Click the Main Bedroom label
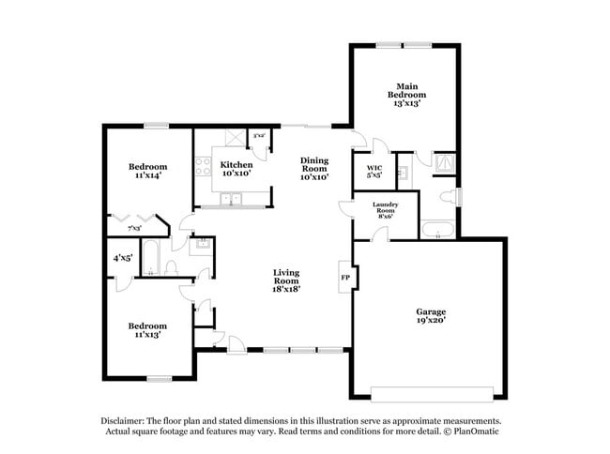point(407,95)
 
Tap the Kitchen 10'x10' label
point(236,169)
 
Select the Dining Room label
point(314,168)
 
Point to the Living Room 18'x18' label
point(286,281)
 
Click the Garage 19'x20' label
point(432,315)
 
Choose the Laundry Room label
point(385,208)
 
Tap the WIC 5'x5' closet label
point(374,171)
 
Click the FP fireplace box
point(344,278)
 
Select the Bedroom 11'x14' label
point(147,172)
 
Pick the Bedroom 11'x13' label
point(147,330)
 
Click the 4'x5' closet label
point(123,257)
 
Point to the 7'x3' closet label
point(134,228)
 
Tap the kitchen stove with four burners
point(201,169)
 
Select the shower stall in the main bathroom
point(444,163)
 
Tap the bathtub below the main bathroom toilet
point(437,229)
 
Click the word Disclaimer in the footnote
point(126,421)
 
